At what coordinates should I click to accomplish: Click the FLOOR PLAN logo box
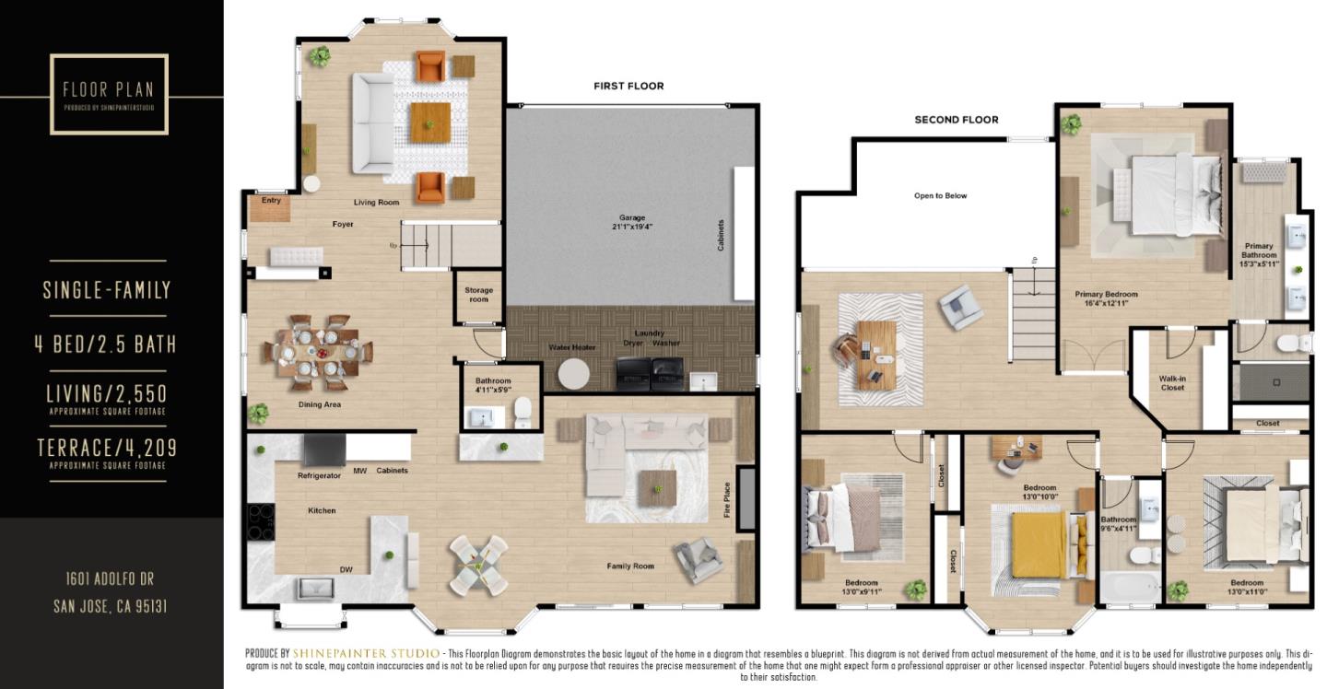pos(109,94)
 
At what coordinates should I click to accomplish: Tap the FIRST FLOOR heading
pos(628,86)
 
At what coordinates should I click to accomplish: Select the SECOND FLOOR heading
pos(956,120)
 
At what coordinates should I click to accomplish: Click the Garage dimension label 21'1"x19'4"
pos(631,227)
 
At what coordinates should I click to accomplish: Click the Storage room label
pos(478,295)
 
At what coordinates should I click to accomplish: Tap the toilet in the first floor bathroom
pos(523,413)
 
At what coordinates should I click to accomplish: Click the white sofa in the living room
pos(371,123)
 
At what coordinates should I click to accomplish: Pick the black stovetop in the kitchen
pos(261,522)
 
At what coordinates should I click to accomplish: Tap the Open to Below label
pos(940,195)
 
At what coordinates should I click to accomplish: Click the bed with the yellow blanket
pos(1039,543)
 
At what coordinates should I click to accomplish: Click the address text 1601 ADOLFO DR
pos(110,578)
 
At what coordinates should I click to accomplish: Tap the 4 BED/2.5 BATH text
pos(105,344)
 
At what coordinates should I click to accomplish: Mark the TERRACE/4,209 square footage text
pos(107,449)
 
